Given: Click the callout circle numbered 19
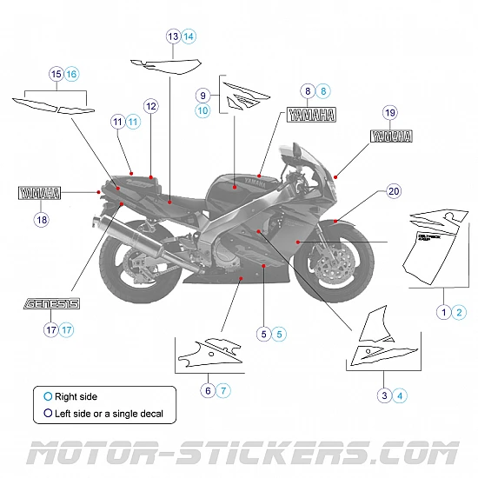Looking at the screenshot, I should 389,112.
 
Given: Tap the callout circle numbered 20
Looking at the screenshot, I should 394,192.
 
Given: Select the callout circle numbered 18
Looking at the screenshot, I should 42,220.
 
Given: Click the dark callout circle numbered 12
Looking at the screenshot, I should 151,106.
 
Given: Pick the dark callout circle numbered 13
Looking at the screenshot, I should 174,37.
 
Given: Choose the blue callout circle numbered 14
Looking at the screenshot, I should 189,37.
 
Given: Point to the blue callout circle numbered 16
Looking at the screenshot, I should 71,75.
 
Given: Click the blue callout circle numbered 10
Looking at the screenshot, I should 202,110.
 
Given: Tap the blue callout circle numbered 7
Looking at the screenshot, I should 223,390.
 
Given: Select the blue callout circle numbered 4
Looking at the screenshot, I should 400,395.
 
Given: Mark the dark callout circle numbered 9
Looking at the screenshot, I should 202,95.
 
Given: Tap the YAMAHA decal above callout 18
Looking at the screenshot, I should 41,193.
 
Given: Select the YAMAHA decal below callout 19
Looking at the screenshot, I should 391,136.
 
